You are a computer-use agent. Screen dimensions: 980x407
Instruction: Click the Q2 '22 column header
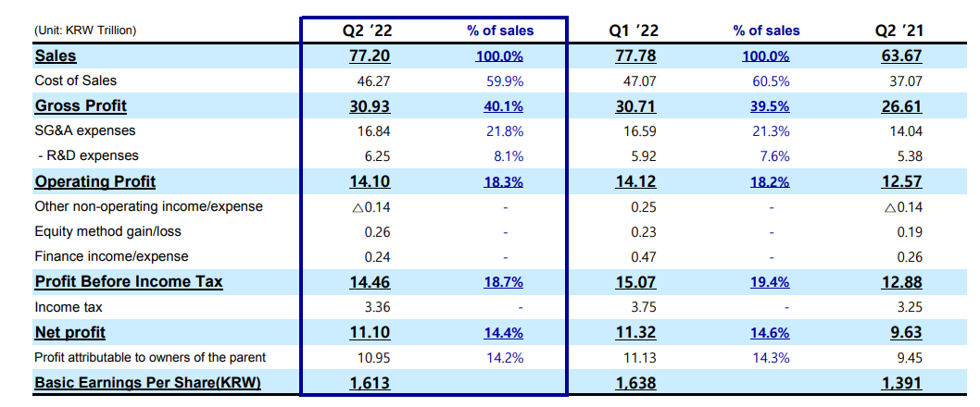(369, 30)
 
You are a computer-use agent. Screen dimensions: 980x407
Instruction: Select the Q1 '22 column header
(635, 30)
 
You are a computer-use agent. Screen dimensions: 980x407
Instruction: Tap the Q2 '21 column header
(900, 30)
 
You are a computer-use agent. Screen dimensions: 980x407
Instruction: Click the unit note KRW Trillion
(86, 30)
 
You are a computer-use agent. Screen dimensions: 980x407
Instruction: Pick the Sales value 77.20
(370, 56)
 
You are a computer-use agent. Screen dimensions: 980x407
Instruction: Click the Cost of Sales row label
(76, 80)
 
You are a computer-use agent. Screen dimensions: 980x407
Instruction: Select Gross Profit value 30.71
(635, 106)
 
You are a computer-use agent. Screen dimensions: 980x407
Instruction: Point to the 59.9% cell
(505, 81)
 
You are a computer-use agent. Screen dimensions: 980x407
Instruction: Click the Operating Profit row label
(95, 181)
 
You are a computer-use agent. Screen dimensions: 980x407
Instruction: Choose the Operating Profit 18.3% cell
(503, 182)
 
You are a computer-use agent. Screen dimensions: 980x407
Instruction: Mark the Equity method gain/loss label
(108, 231)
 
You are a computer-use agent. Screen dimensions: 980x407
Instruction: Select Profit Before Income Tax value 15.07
(635, 282)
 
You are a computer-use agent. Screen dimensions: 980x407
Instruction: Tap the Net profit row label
(70, 333)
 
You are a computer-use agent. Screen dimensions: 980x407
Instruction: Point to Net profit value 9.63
(905, 333)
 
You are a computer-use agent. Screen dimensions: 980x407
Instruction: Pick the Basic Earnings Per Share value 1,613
(370, 383)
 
